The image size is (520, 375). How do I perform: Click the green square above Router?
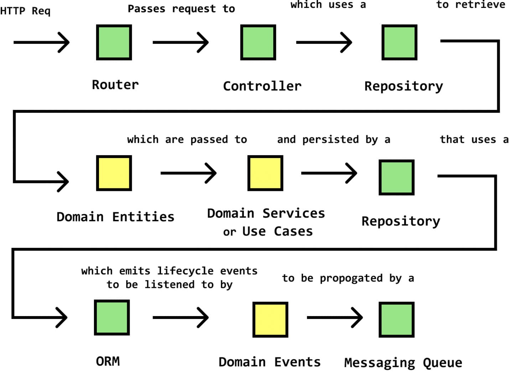click(114, 42)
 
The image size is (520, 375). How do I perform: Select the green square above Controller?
click(258, 42)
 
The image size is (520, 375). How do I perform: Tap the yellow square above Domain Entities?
click(114, 173)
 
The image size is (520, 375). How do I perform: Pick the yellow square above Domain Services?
click(265, 173)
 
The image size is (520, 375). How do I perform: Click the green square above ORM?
click(112, 318)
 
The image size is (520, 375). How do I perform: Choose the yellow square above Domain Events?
click(270, 320)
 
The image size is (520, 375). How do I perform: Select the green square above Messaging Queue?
click(396, 320)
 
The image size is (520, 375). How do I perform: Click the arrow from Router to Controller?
click(181, 42)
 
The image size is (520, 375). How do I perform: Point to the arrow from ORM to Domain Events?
click(181, 318)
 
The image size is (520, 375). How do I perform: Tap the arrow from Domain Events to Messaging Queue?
click(335, 318)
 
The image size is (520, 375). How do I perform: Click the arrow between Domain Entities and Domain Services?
click(188, 173)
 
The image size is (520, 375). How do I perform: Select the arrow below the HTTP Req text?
click(42, 42)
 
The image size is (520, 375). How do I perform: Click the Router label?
click(115, 85)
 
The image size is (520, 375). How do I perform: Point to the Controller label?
click(262, 86)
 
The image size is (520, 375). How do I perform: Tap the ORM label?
click(108, 361)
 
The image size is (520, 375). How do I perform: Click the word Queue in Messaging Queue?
click(443, 363)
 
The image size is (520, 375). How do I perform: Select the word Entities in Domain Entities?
click(143, 217)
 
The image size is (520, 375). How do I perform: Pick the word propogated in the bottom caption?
click(351, 279)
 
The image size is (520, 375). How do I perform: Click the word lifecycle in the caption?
click(185, 271)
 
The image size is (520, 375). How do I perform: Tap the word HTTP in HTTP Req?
click(12, 11)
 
